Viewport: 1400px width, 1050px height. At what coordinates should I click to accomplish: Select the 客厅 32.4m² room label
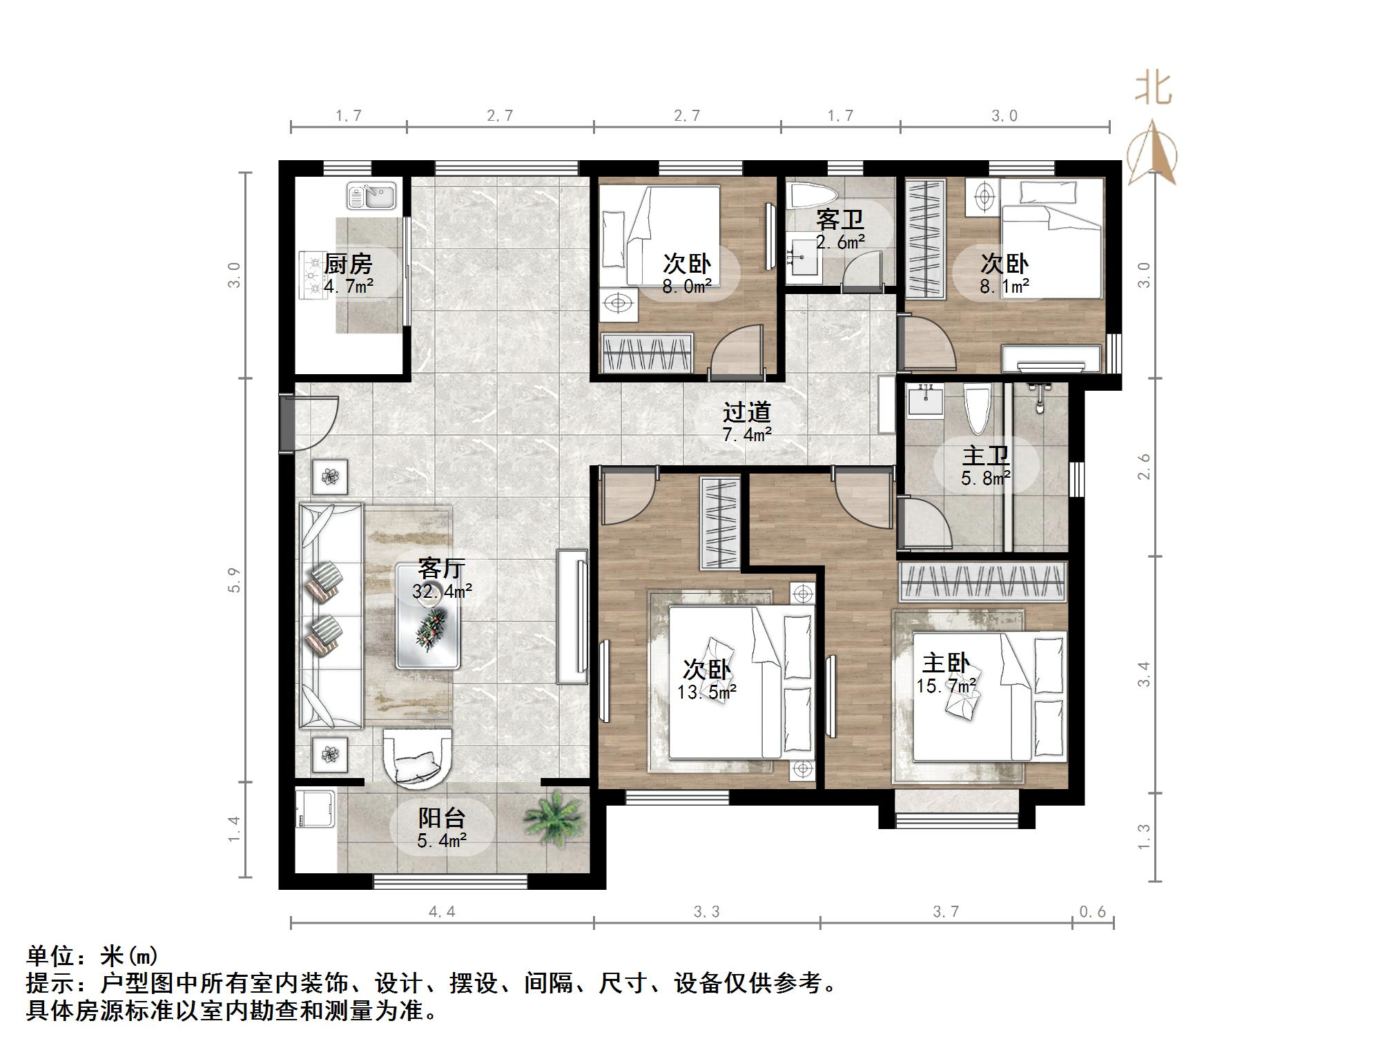[x=442, y=579]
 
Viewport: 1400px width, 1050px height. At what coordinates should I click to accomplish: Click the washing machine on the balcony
[x=315, y=808]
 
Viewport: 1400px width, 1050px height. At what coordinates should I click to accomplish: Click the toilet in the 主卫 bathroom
[x=978, y=408]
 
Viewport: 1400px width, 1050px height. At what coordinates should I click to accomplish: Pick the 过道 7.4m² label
[x=746, y=422]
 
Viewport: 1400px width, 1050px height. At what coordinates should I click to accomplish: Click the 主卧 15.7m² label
[x=946, y=673]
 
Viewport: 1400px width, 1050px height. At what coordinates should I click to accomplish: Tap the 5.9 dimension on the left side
[x=235, y=580]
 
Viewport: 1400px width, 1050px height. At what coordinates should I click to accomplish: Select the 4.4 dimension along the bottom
[x=442, y=912]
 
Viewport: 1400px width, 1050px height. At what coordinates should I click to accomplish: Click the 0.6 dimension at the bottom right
[x=1092, y=912]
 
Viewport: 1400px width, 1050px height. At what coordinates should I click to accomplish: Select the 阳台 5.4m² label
[x=442, y=828]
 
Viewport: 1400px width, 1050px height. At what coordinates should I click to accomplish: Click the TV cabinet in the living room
[x=572, y=616]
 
